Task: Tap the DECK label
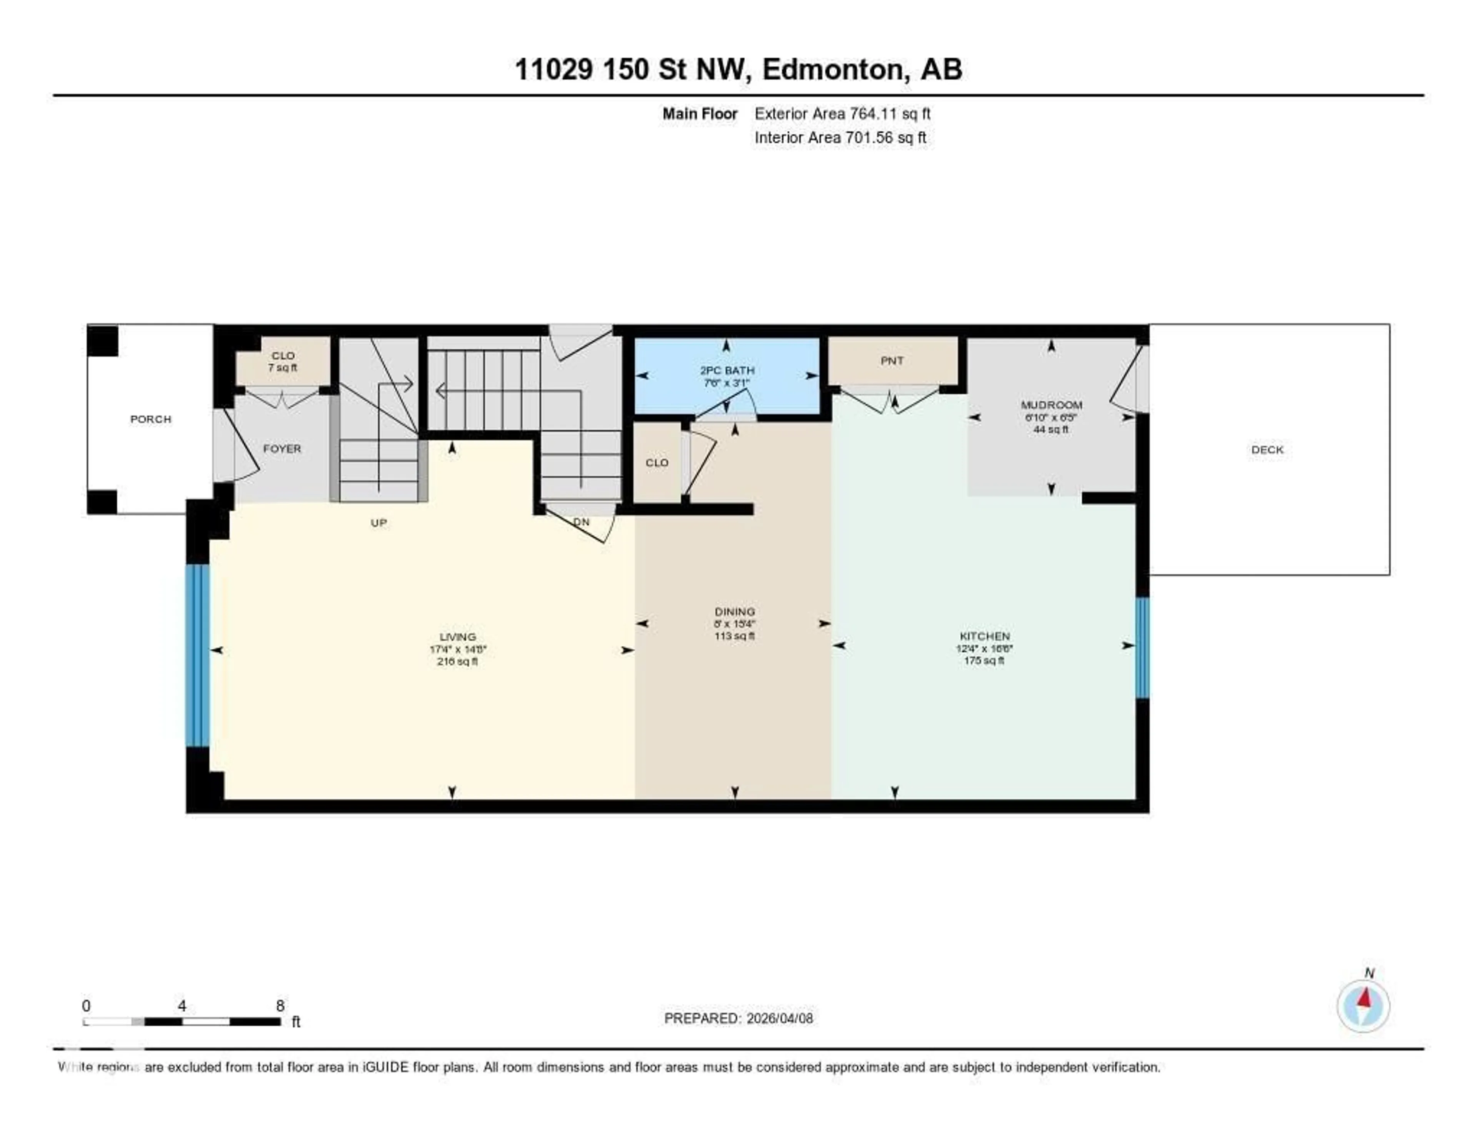pyautogui.click(x=1267, y=450)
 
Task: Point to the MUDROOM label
pyautogui.click(x=1051, y=405)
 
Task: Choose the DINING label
pyautogui.click(x=734, y=611)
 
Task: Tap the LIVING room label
pyautogui.click(x=458, y=636)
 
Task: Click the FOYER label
pyautogui.click(x=282, y=449)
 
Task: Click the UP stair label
pyautogui.click(x=379, y=523)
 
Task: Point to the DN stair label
pyautogui.click(x=581, y=522)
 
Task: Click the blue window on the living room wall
pyautogui.click(x=197, y=655)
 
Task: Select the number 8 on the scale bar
pyautogui.click(x=280, y=1006)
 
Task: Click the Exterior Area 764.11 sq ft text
pyautogui.click(x=842, y=113)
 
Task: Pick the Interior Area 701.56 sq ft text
pyautogui.click(x=840, y=138)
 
